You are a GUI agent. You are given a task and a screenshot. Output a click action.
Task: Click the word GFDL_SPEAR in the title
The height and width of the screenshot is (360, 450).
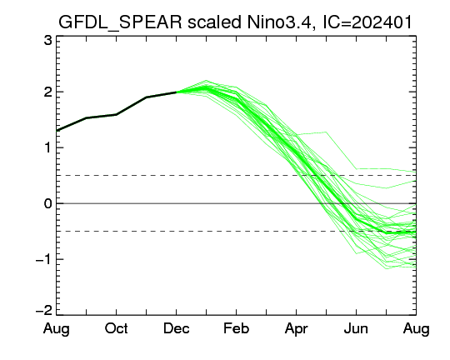(x=120, y=22)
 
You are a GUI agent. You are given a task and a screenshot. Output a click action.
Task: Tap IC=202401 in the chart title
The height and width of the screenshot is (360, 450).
(x=367, y=22)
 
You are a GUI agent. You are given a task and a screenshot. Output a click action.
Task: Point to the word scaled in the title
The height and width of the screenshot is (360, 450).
(x=214, y=22)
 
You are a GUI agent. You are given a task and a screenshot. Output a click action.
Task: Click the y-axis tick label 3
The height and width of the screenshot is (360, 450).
(x=48, y=41)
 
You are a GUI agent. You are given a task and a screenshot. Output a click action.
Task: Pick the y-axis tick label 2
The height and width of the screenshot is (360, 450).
(x=48, y=92)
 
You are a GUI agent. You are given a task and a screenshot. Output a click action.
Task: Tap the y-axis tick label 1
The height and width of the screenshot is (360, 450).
(x=48, y=148)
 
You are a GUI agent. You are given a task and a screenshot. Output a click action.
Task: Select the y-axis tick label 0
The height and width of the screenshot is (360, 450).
(x=48, y=204)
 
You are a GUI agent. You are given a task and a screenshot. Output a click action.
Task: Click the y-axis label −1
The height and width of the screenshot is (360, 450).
(x=44, y=259)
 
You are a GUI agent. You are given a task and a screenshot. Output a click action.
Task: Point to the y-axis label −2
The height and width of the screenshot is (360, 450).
(x=44, y=311)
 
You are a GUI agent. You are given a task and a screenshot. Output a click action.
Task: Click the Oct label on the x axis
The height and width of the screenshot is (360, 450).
(x=116, y=328)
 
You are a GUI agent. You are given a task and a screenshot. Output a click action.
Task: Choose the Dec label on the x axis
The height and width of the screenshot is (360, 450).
(x=176, y=328)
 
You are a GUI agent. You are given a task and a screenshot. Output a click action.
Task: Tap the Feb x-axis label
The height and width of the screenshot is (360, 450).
(x=236, y=328)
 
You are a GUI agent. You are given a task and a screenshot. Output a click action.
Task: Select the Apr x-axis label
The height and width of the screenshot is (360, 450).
(x=296, y=329)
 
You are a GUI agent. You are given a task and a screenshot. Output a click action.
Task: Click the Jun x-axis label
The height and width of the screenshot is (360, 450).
(x=356, y=328)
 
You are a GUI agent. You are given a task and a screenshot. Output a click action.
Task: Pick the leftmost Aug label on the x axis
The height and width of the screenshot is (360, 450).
(x=57, y=329)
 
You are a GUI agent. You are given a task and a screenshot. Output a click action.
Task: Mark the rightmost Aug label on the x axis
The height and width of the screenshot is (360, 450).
(x=416, y=329)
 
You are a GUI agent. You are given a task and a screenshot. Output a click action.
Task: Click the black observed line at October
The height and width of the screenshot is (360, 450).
(x=116, y=114)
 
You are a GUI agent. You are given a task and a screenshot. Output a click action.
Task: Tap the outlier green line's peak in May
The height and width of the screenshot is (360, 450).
(x=326, y=132)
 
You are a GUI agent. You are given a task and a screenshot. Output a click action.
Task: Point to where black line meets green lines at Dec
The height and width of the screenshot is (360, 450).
(x=176, y=92)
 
